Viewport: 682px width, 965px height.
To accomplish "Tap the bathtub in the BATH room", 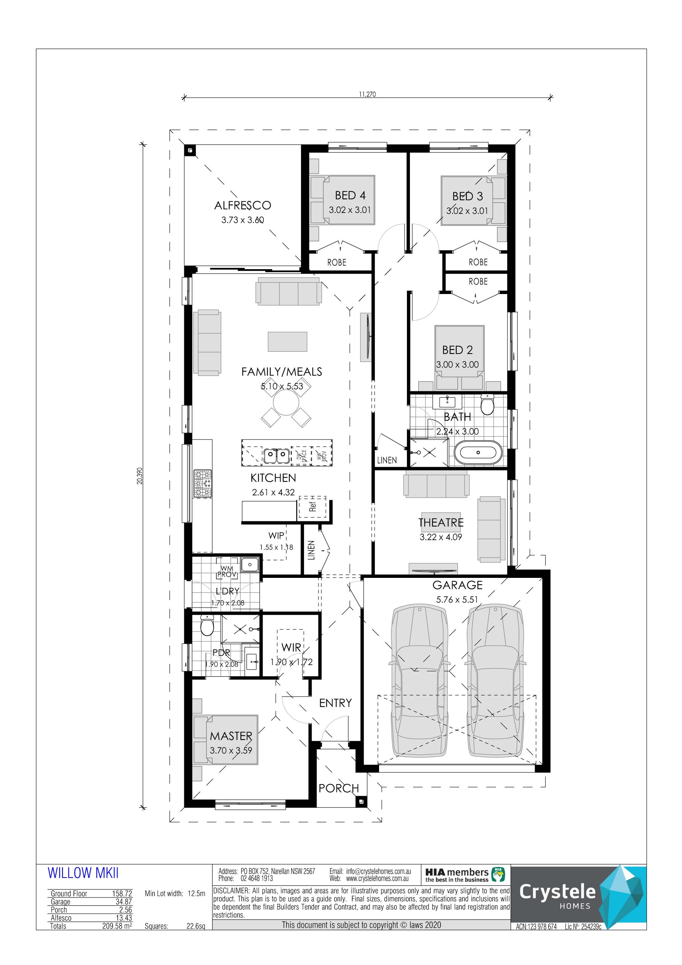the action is pos(478,452).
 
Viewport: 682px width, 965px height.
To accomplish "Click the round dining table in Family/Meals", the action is pos(286,402).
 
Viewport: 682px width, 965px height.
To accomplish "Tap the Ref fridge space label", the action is pos(312,507).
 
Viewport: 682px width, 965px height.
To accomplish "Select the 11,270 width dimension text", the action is pos(367,94).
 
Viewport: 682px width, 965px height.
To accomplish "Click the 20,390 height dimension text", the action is pos(139,476).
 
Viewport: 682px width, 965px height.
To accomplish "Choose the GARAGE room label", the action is pos(457,585).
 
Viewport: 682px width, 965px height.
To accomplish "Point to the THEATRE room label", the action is pos(441,522).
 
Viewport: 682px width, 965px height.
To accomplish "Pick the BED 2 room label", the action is pos(457,350).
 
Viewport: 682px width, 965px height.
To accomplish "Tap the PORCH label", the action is pos(339,788).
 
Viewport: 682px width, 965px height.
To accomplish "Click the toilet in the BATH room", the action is pos(487,404).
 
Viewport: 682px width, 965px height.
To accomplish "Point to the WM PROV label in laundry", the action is pos(227,571).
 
